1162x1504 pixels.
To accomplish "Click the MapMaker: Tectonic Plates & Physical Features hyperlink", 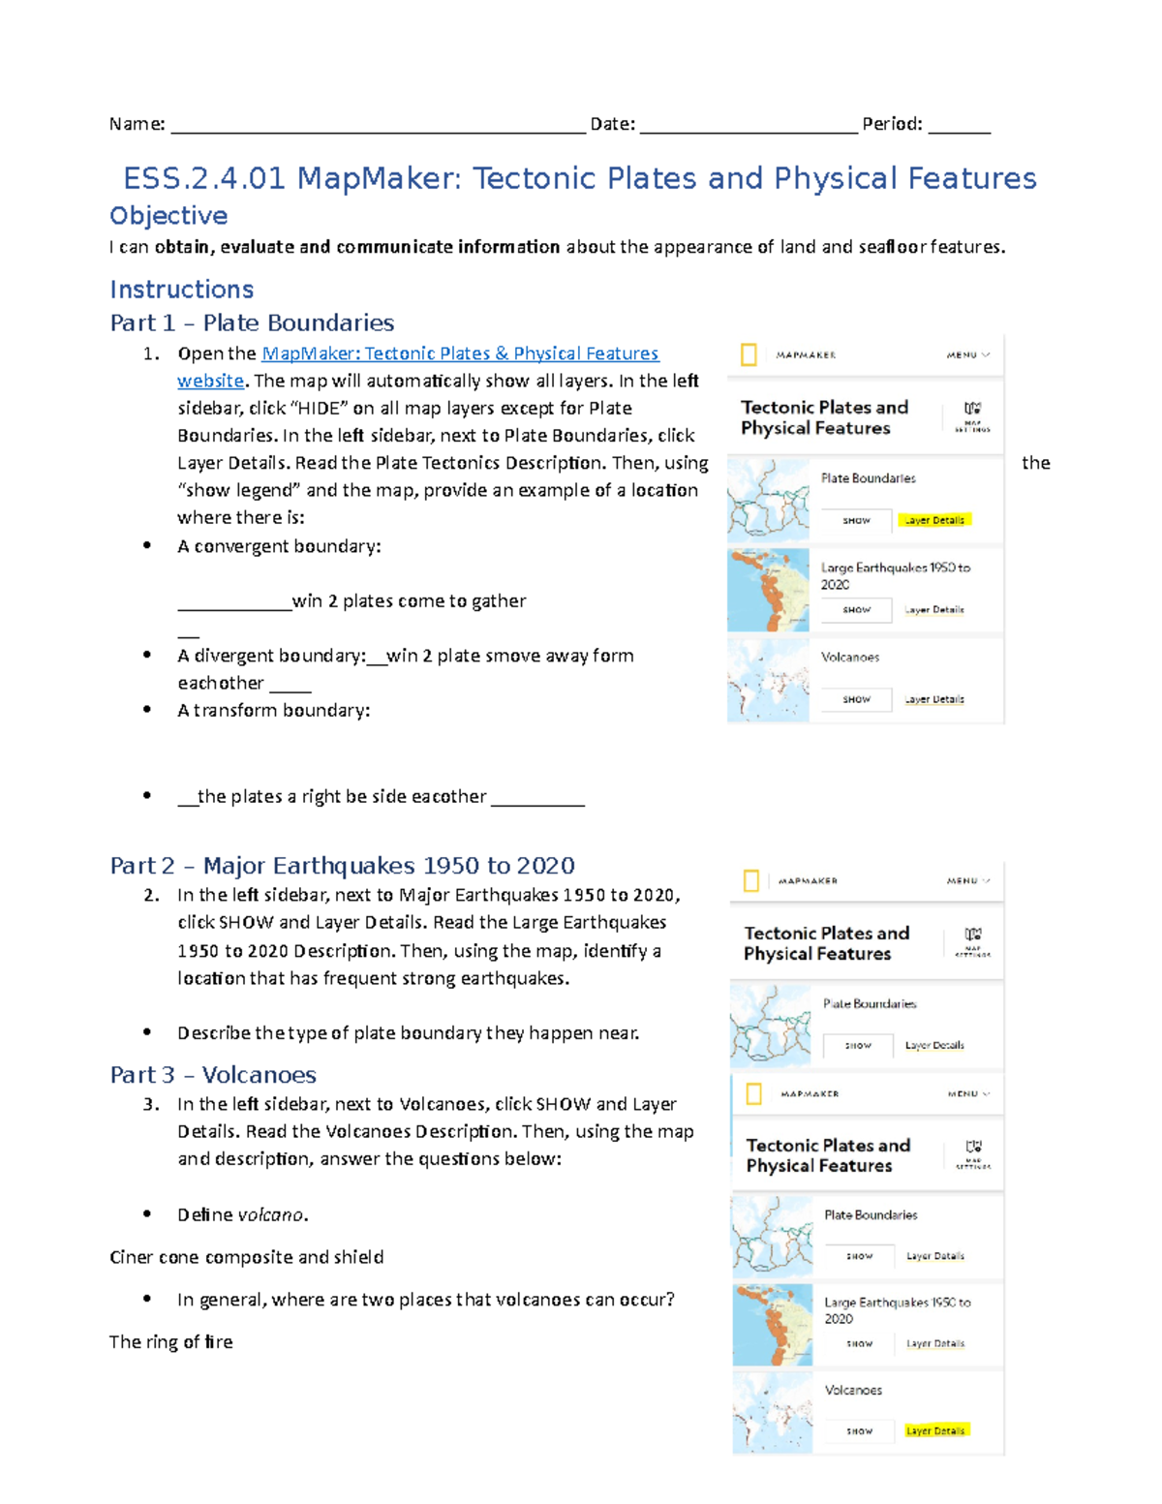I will [x=460, y=353].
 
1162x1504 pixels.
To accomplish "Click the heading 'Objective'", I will [x=168, y=215].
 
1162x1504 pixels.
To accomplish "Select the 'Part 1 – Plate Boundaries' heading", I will [x=252, y=322].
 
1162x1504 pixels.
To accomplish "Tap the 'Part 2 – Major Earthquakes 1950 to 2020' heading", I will [x=342, y=865].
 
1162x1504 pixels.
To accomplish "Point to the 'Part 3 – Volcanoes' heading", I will [x=213, y=1074].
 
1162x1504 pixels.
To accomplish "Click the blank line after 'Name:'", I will [x=378, y=126].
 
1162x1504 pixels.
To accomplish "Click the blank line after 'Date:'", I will [x=748, y=126].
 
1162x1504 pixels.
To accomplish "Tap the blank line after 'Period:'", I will [x=959, y=126].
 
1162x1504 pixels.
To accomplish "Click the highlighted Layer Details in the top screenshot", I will [x=933, y=520].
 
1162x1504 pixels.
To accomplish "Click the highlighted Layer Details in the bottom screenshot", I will [x=935, y=1430].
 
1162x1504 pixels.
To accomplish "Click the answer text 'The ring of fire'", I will [x=170, y=1341].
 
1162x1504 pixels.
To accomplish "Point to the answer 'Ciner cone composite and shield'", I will [x=246, y=1256].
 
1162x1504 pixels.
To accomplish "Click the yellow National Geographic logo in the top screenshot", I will [x=749, y=354].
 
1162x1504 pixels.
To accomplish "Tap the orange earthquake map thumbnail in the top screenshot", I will [x=768, y=590].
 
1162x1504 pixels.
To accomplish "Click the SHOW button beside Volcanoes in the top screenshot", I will [x=856, y=699].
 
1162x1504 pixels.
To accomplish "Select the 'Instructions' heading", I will [x=182, y=289].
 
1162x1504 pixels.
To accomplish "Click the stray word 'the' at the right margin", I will [x=1035, y=462].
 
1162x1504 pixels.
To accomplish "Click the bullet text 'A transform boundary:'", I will [x=273, y=710].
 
